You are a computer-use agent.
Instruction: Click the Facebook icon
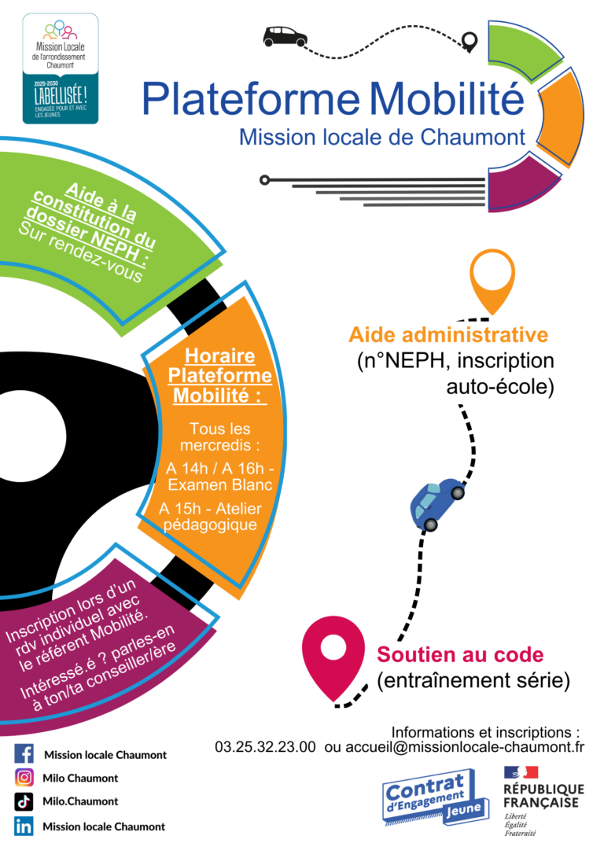(24, 754)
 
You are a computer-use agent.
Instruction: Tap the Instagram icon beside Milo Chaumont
(24, 778)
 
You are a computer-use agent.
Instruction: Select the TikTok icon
(24, 801)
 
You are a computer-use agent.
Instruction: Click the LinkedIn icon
(24, 826)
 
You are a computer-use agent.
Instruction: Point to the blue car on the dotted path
(436, 503)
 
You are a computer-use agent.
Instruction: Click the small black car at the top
(285, 35)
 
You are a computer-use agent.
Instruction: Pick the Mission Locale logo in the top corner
(61, 68)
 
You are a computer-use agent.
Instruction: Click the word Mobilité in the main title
(446, 99)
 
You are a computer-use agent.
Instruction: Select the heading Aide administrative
(448, 334)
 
